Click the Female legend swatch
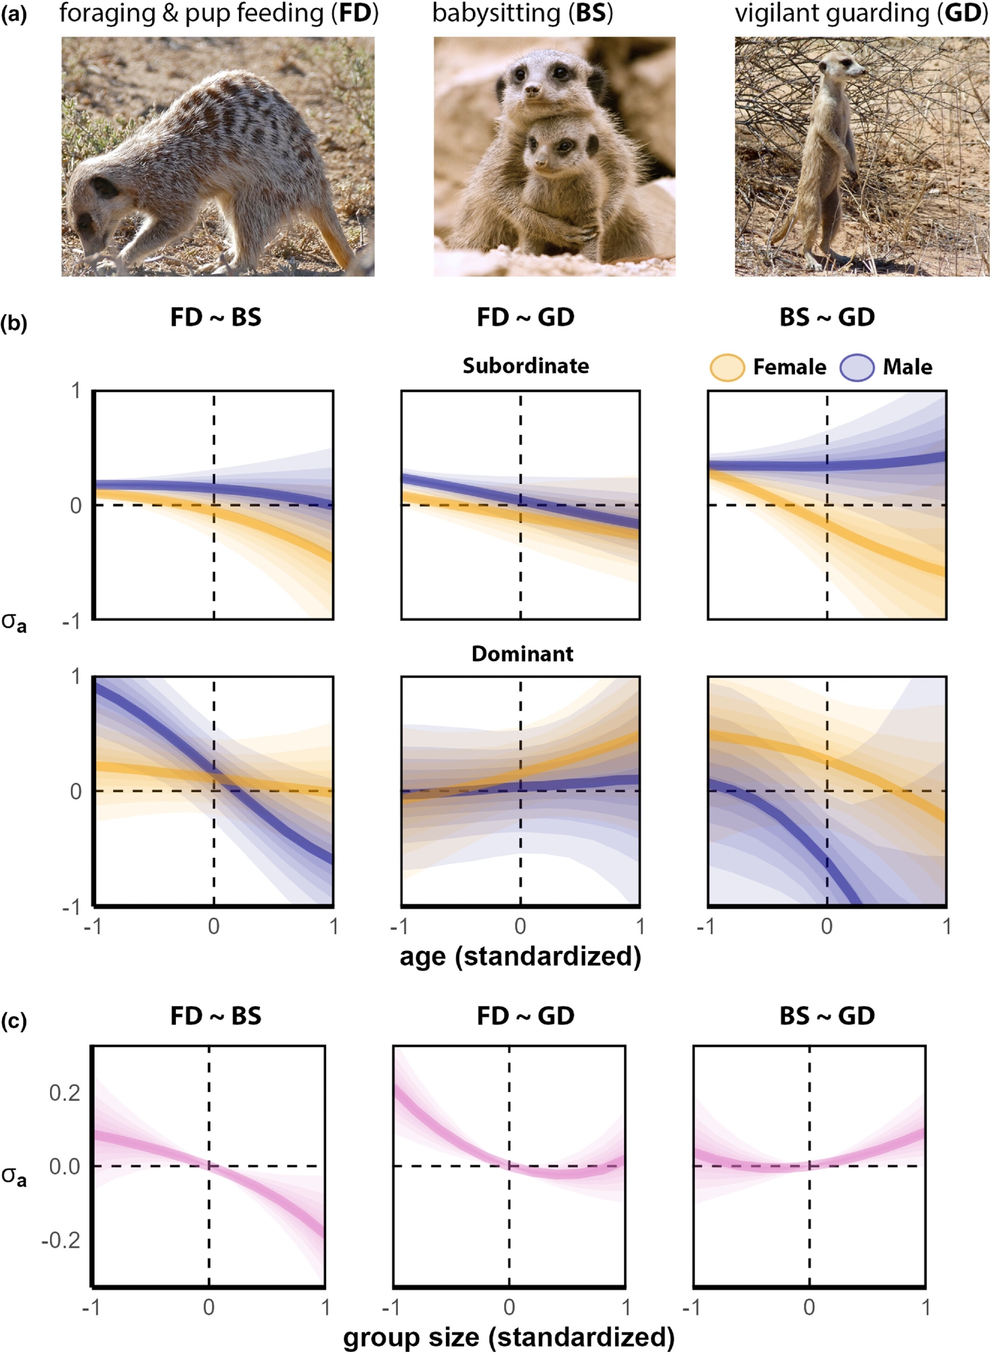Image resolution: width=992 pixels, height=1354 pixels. click(x=727, y=368)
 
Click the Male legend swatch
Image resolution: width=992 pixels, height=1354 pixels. click(x=857, y=368)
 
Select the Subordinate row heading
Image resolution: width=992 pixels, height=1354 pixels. click(x=526, y=366)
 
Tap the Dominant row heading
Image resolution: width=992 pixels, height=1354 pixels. click(x=522, y=654)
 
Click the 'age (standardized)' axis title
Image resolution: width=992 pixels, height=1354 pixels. click(x=520, y=956)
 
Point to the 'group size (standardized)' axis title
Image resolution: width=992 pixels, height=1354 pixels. click(x=509, y=1336)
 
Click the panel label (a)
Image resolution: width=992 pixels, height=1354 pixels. click(x=14, y=14)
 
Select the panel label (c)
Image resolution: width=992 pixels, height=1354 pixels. click(x=14, y=1020)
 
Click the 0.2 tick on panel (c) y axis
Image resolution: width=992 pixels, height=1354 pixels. click(x=65, y=1093)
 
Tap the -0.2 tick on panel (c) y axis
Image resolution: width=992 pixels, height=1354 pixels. click(x=61, y=1240)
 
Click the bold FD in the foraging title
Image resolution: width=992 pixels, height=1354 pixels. click(x=355, y=13)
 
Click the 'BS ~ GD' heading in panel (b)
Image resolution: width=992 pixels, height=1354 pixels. click(x=827, y=317)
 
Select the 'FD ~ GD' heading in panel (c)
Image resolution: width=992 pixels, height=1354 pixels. click(x=525, y=1016)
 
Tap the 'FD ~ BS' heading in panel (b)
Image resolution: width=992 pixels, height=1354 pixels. click(x=215, y=317)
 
